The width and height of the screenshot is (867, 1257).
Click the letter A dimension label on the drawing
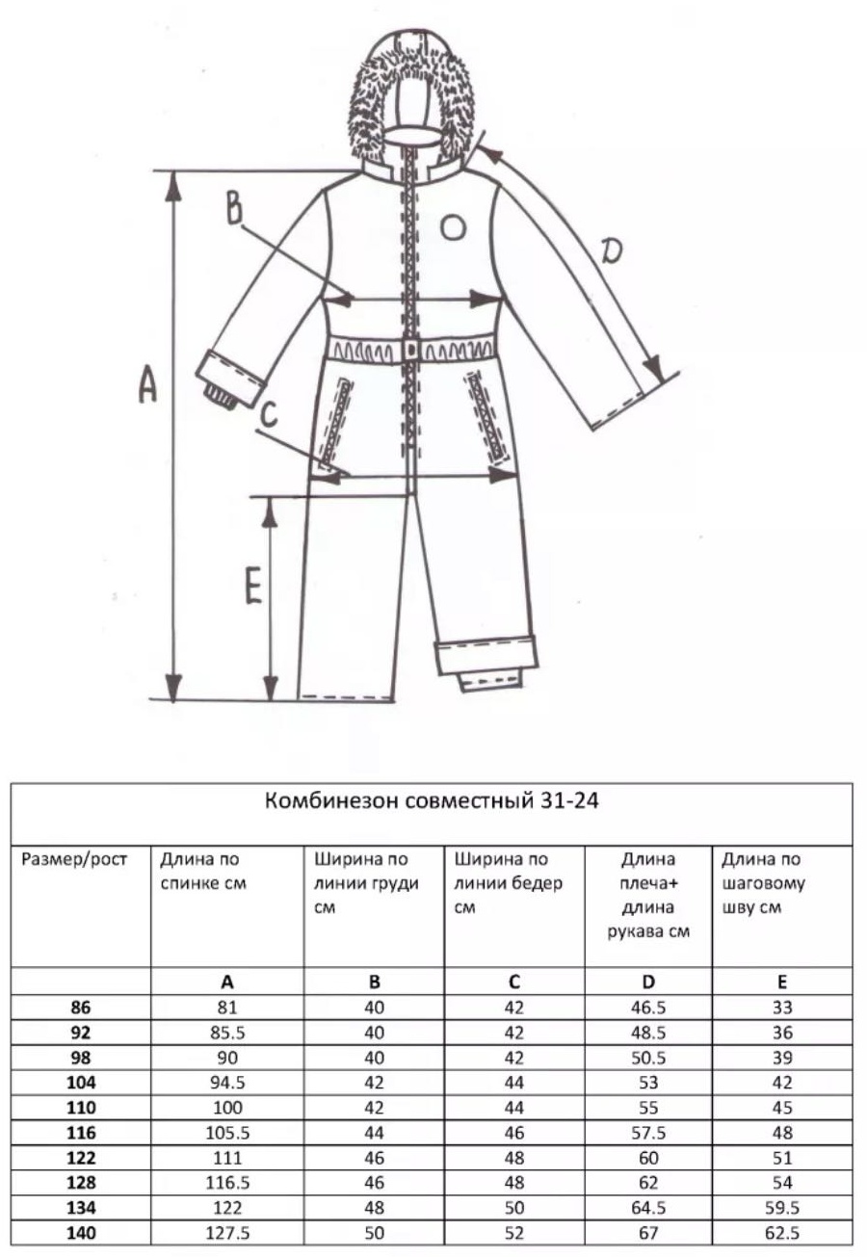point(147,383)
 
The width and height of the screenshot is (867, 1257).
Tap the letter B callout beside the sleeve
point(233,208)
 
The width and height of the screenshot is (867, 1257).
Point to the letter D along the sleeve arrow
point(612,250)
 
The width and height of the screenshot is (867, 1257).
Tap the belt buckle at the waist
point(411,351)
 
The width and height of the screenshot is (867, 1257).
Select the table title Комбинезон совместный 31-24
point(432,800)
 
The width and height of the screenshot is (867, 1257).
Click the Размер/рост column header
point(74,859)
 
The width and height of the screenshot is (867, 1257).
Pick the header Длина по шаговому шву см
point(763,883)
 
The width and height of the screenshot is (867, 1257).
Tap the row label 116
point(81,1133)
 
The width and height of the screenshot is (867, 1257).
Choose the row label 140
point(81,1232)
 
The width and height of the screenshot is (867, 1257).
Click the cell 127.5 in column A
point(227,1232)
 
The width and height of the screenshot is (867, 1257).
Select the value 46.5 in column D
point(648,1008)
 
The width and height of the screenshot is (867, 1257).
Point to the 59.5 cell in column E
point(781,1208)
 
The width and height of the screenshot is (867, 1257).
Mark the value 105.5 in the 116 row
point(227,1133)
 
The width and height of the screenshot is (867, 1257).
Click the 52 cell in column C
point(514,1232)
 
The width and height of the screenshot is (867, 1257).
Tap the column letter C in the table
point(514,982)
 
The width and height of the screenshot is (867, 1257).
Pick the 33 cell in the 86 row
point(781,1008)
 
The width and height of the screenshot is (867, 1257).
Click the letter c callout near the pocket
point(270,416)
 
